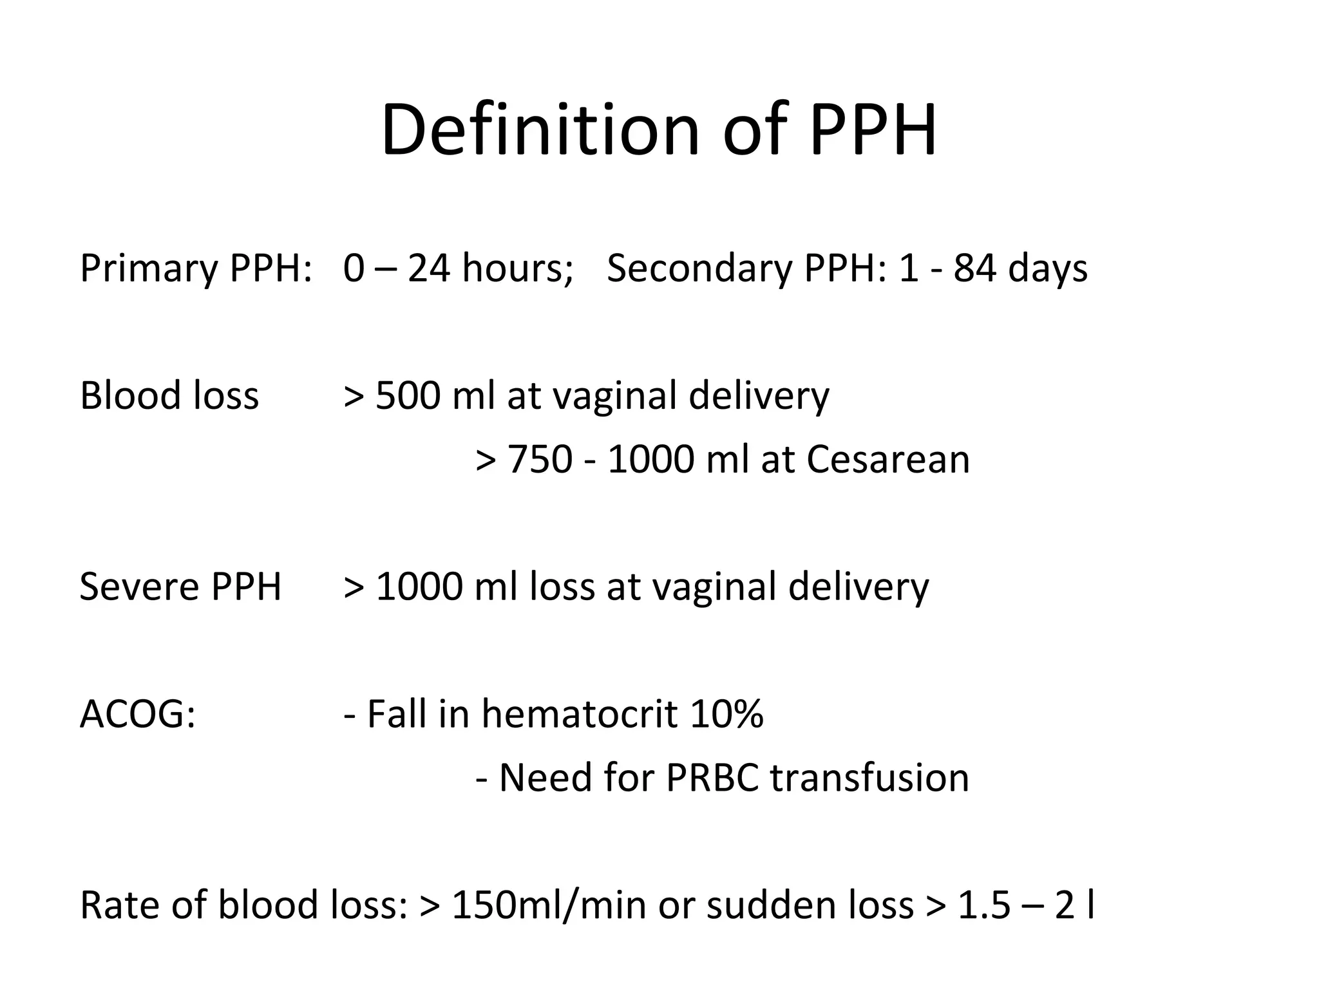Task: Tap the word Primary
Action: coord(149,268)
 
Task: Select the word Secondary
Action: coord(699,268)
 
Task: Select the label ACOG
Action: coord(137,714)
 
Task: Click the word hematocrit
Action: coord(579,714)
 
